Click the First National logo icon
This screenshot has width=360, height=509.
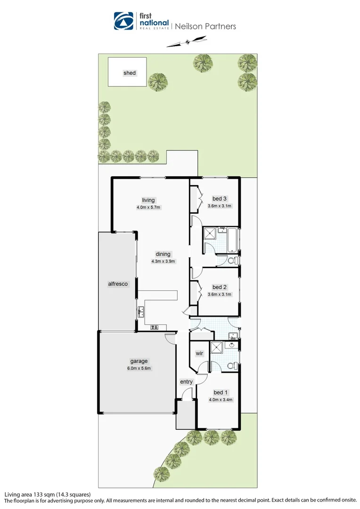(123, 21)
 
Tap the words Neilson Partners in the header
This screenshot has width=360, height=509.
(205, 26)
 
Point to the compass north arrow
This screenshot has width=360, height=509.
(188, 42)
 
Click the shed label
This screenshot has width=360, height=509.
(130, 73)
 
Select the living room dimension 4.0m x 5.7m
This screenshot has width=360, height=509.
(148, 207)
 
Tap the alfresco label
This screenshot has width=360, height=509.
(118, 284)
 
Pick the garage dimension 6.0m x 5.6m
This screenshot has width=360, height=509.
(139, 369)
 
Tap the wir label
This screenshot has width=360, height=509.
(199, 353)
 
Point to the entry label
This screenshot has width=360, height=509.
(187, 382)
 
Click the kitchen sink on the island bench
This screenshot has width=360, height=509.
(141, 311)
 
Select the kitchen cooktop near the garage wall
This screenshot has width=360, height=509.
(154, 327)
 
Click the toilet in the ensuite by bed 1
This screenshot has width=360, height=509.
(231, 366)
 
